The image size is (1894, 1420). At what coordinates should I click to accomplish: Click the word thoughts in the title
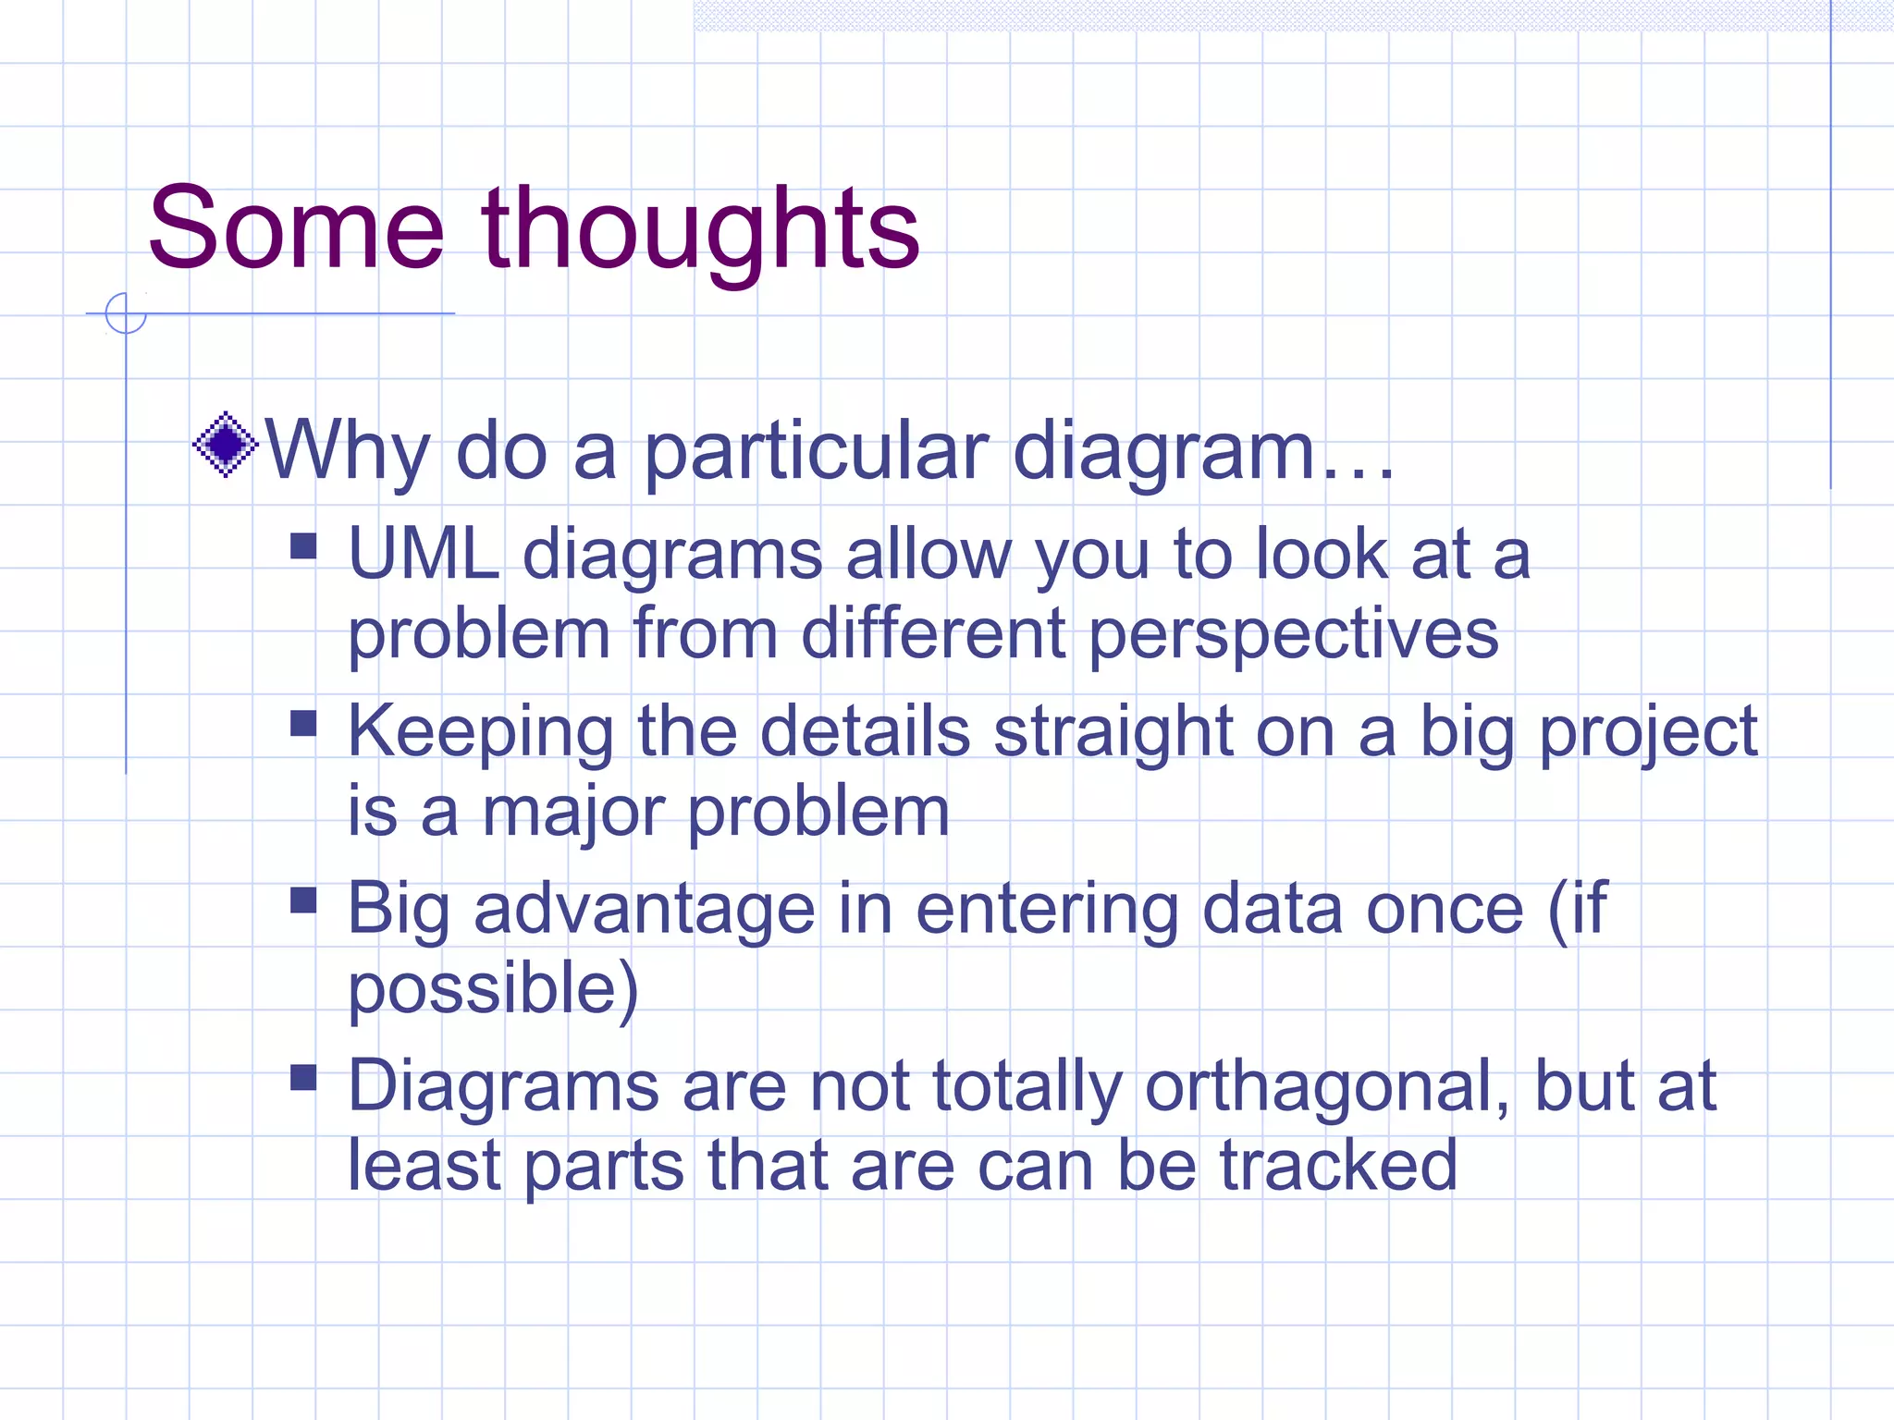pyautogui.click(x=700, y=231)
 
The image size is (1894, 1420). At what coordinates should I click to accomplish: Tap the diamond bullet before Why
pyautogui.click(x=225, y=445)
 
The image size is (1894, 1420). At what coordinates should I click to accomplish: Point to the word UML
pyautogui.click(x=424, y=556)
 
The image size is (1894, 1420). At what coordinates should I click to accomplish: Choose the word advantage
pyautogui.click(x=645, y=912)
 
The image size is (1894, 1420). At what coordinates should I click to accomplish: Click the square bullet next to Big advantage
pyautogui.click(x=303, y=900)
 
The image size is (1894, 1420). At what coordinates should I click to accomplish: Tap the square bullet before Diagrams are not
pyautogui.click(x=303, y=1077)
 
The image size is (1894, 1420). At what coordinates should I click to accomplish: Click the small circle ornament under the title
pyautogui.click(x=126, y=312)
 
